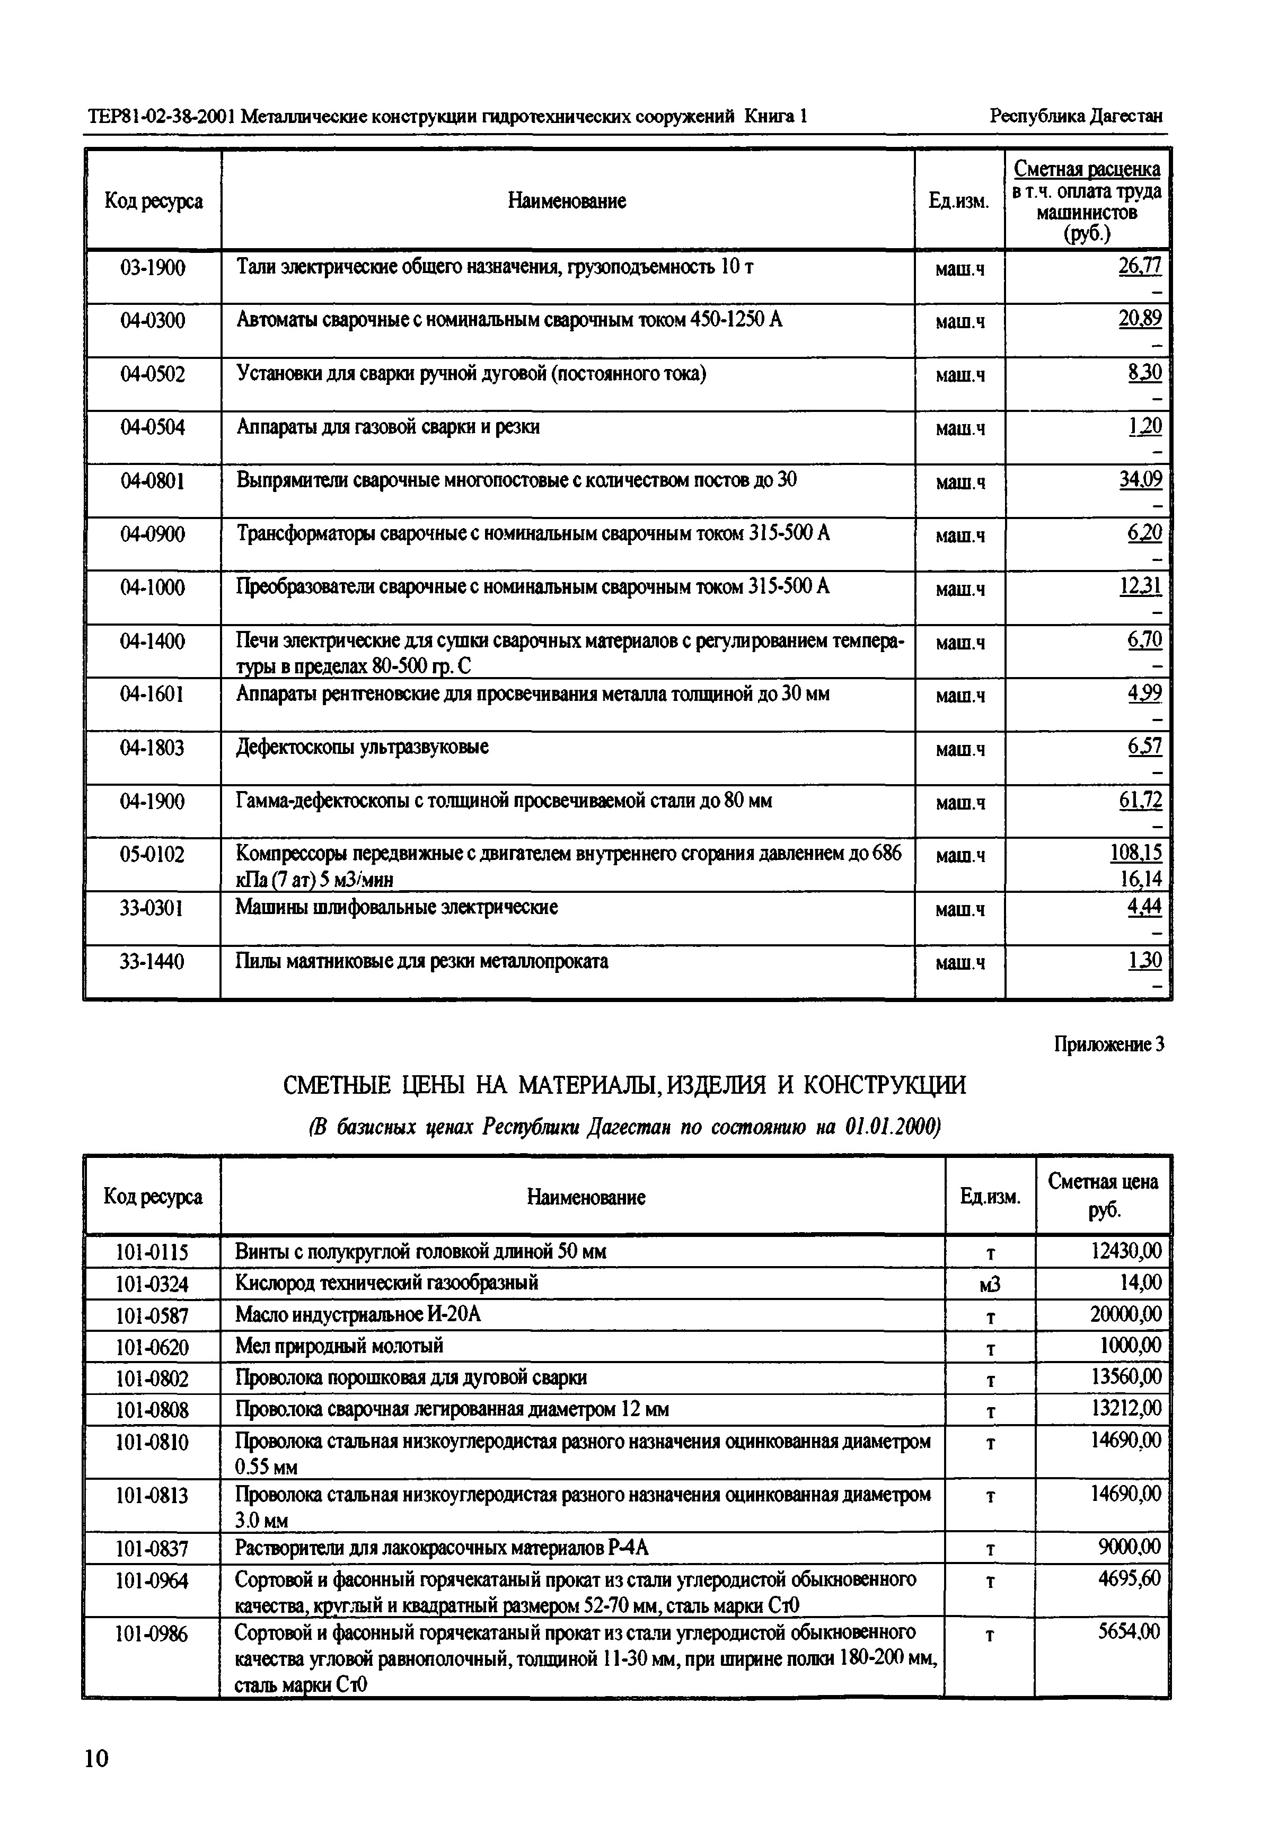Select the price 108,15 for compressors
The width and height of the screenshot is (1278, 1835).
[x=1135, y=853]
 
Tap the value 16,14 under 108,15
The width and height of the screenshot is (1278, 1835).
[x=1140, y=879]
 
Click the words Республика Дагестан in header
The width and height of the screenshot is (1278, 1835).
[x=1076, y=116]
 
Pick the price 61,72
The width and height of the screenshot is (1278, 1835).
[x=1140, y=799]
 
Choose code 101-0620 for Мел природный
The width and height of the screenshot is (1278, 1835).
[x=152, y=1347]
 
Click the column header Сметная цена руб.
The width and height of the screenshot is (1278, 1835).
[x=1102, y=1196]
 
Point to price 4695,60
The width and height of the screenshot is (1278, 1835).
[x=1129, y=1578]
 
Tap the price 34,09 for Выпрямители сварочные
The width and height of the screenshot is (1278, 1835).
[x=1140, y=479]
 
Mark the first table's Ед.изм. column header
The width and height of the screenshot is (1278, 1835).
[x=958, y=201]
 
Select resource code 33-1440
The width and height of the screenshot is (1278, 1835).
[x=152, y=961]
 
